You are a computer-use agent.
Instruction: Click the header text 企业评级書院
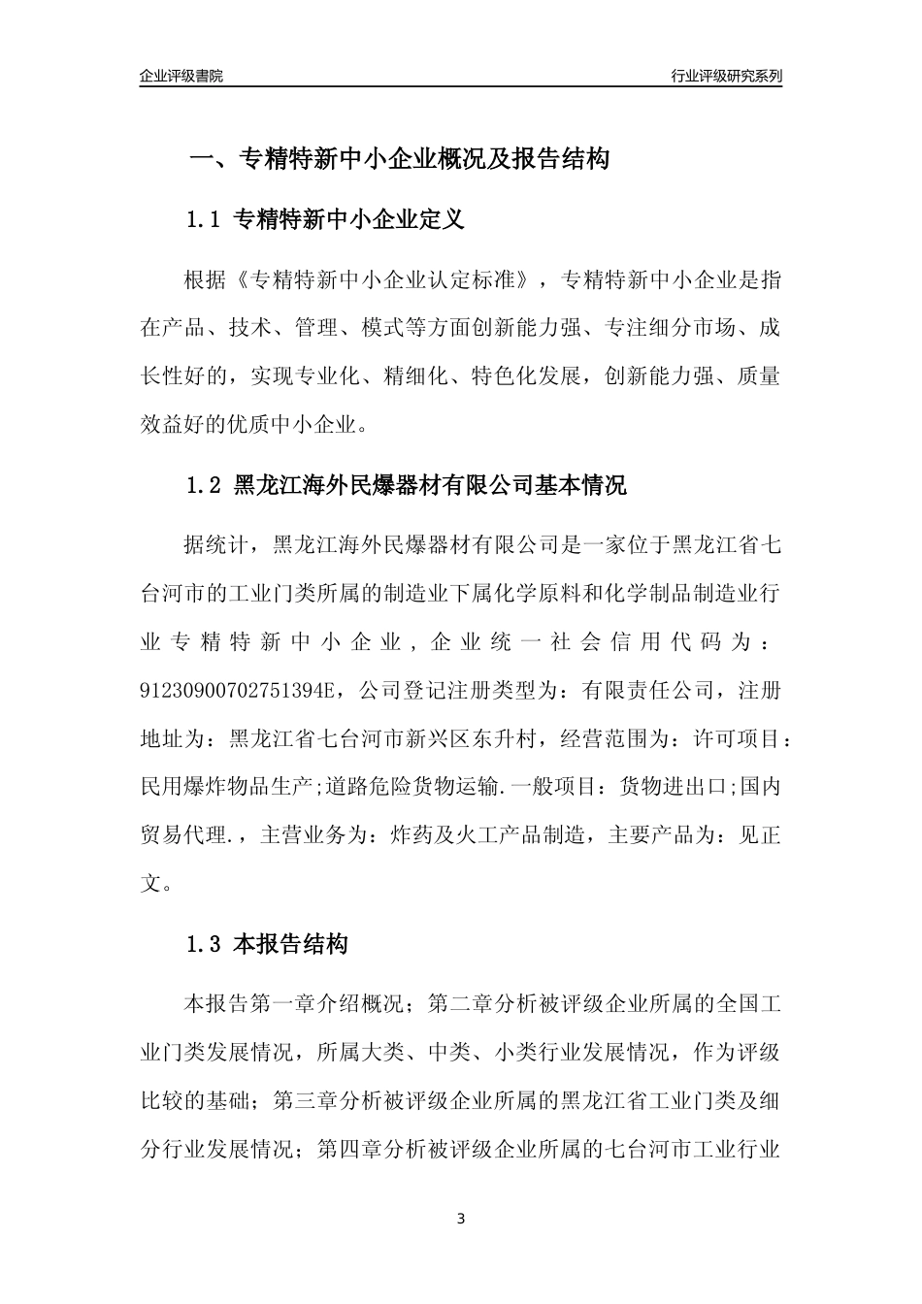coord(181,76)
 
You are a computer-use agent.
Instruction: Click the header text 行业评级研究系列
coord(726,76)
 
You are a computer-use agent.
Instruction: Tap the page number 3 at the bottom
coord(461,1218)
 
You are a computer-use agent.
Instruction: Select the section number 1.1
coord(204,220)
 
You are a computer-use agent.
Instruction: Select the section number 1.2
coord(204,486)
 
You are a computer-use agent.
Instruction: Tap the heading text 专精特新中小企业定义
coord(350,220)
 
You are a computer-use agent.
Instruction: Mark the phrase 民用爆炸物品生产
coord(225,786)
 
